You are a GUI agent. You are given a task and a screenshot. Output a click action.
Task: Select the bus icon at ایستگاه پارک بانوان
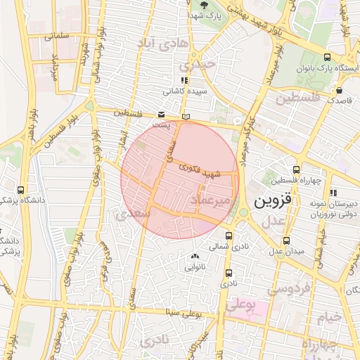tap(327, 57)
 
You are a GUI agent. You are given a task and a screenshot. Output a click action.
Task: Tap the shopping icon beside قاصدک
tap(340, 90)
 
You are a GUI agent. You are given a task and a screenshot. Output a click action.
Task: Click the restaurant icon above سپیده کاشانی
tap(184, 80)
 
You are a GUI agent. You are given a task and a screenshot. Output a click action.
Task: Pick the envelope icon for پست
tap(162, 114)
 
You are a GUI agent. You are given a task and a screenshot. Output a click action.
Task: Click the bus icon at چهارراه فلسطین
tap(297, 169)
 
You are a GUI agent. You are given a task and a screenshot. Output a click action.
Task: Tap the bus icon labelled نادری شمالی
tap(229, 236)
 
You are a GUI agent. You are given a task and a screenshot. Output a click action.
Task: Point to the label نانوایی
tap(195, 267)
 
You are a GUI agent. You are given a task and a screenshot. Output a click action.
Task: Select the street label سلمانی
tap(57, 34)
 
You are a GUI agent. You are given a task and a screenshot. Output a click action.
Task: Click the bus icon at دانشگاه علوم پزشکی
tap(20, 190)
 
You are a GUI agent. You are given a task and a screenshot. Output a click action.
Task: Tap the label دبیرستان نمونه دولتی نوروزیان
tap(332, 204)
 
